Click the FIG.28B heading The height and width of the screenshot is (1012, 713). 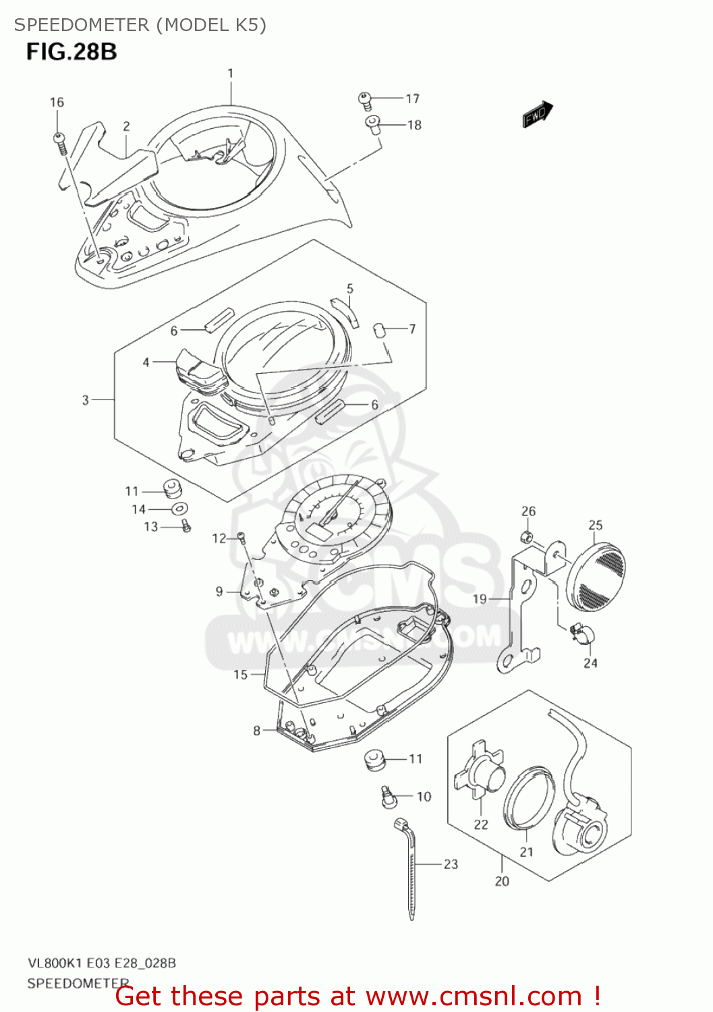coord(72,52)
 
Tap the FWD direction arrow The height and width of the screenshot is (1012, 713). coord(538,114)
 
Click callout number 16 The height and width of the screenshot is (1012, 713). coord(57,103)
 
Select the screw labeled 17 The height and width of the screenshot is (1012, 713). coord(365,101)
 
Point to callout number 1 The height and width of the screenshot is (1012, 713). coord(231,73)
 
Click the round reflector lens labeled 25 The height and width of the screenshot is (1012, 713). coord(596,573)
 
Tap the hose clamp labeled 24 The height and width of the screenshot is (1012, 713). coord(582,634)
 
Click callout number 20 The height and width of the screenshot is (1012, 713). coord(502,881)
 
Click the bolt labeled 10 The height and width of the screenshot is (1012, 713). coord(387,797)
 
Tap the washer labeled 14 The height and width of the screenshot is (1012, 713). coord(179,509)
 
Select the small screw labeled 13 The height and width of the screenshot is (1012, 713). coord(186,526)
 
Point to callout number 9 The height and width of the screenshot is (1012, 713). coord(219,592)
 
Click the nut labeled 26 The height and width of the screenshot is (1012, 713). coord(528,536)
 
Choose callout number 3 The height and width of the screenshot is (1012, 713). coord(86,400)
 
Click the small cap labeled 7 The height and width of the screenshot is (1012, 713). coord(380,330)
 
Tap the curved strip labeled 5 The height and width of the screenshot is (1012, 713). coord(347,311)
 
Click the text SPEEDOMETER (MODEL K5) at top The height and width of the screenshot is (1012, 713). coord(140,25)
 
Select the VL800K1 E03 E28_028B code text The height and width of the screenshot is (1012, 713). coord(102,963)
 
